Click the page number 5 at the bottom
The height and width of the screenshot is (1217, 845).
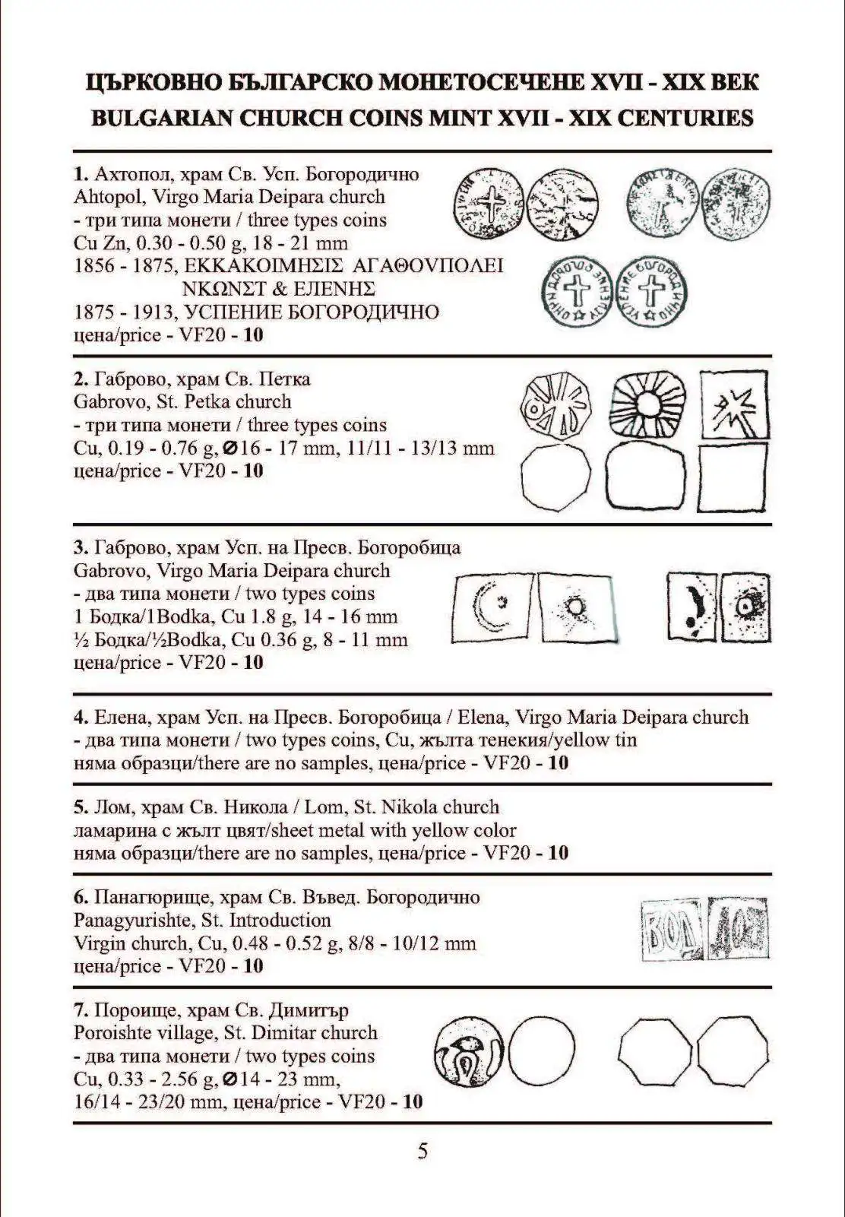tap(422, 1151)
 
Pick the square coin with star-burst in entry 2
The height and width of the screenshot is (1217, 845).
tap(733, 404)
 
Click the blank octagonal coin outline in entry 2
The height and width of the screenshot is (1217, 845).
tap(556, 478)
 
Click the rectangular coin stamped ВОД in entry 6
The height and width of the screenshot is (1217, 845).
tap(672, 930)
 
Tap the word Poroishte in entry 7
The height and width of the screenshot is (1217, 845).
tap(116, 1033)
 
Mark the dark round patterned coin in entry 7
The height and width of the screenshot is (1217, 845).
tap(470, 1053)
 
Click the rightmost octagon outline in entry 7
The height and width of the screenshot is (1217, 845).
tap(733, 1053)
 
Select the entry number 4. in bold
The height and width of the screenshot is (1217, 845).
tap(81, 717)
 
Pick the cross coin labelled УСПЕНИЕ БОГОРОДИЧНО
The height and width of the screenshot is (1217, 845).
tap(650, 291)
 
